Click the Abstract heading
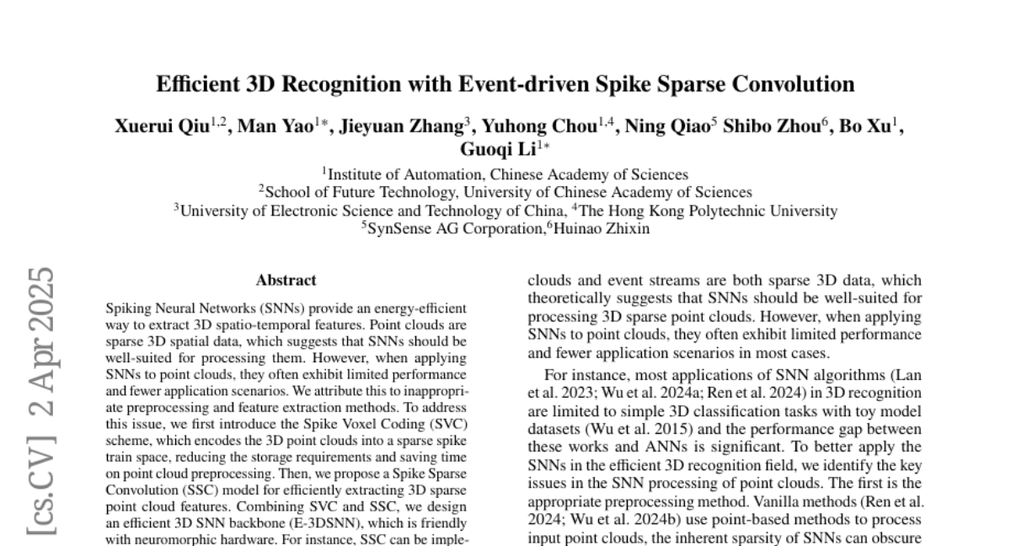tap(286, 281)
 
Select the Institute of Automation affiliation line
tap(507, 175)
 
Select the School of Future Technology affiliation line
tap(509, 193)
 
